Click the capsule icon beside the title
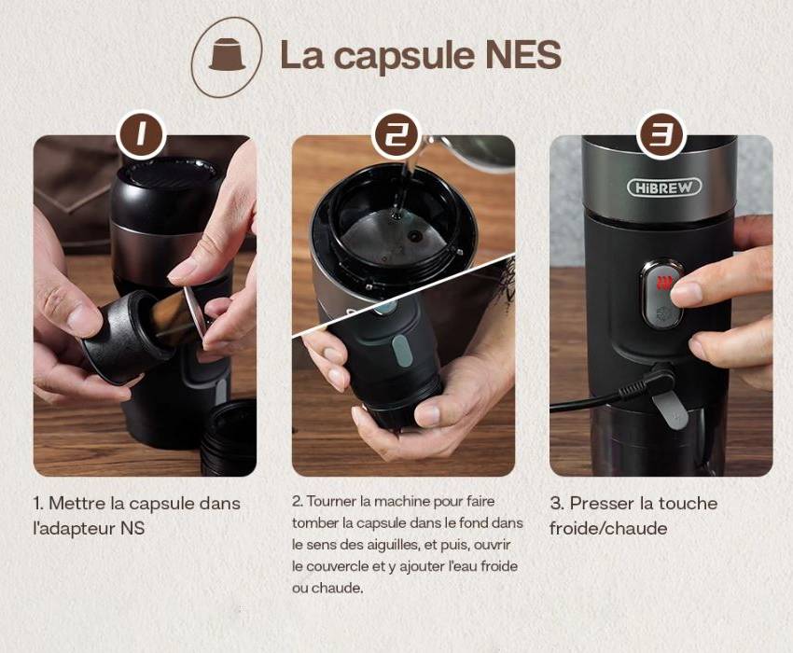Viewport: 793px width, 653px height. (x=227, y=54)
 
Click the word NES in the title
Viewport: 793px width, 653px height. (x=523, y=54)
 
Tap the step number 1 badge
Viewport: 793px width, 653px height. (x=141, y=134)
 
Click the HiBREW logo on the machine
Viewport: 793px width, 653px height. (x=664, y=188)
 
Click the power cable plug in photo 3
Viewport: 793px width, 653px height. (x=649, y=384)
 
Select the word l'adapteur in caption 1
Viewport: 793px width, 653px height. (x=74, y=529)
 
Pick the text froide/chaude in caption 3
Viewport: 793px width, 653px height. (x=608, y=529)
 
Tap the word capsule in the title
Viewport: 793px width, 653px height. (x=403, y=57)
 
